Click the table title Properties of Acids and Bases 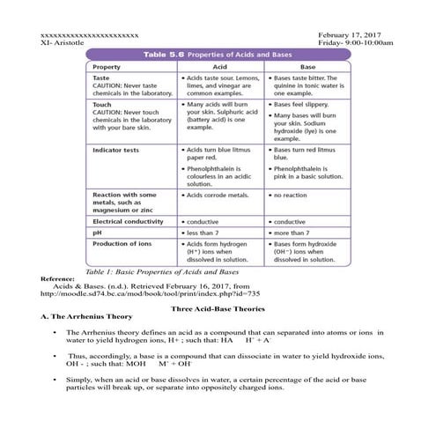point(245,55)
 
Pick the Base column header point(307,67)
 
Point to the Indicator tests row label point(120,151)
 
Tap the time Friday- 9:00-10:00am point(356,42)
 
